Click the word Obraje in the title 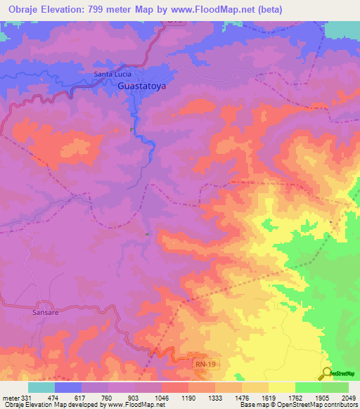[x=21, y=10]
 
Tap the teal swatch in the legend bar [x=41, y=387]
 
